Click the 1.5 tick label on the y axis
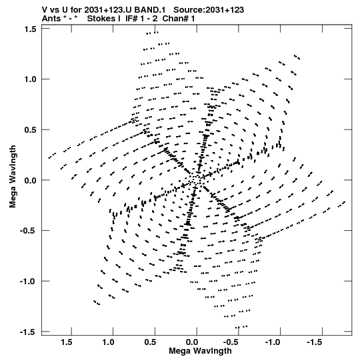(x=30, y=29)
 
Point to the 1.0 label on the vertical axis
(x=30, y=79)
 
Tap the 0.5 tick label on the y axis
(x=30, y=130)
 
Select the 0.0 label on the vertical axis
(x=30, y=180)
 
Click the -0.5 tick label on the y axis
(x=28, y=231)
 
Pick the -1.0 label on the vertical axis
(x=28, y=282)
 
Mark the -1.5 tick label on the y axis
(x=28, y=332)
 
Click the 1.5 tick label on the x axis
(x=67, y=342)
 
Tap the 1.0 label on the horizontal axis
(x=109, y=342)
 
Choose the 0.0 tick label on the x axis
(x=192, y=342)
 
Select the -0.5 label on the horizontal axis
(x=231, y=342)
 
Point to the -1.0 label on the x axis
(x=273, y=342)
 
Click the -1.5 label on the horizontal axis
(x=315, y=342)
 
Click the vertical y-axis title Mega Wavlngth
(x=13, y=177)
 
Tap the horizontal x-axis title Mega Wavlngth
(x=200, y=351)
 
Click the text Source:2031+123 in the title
(x=209, y=10)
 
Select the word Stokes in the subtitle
(x=104, y=19)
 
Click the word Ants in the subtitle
(x=51, y=19)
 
